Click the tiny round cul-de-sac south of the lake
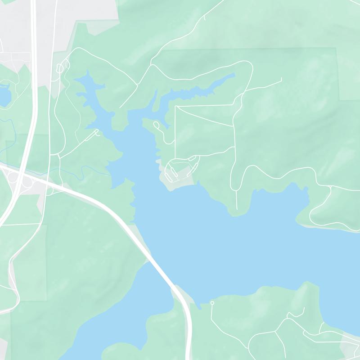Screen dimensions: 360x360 212,303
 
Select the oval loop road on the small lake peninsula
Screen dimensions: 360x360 156,125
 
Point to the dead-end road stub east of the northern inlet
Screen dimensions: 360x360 281,80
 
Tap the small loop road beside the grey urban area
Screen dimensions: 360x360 60,68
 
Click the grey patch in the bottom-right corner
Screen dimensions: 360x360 351,346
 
